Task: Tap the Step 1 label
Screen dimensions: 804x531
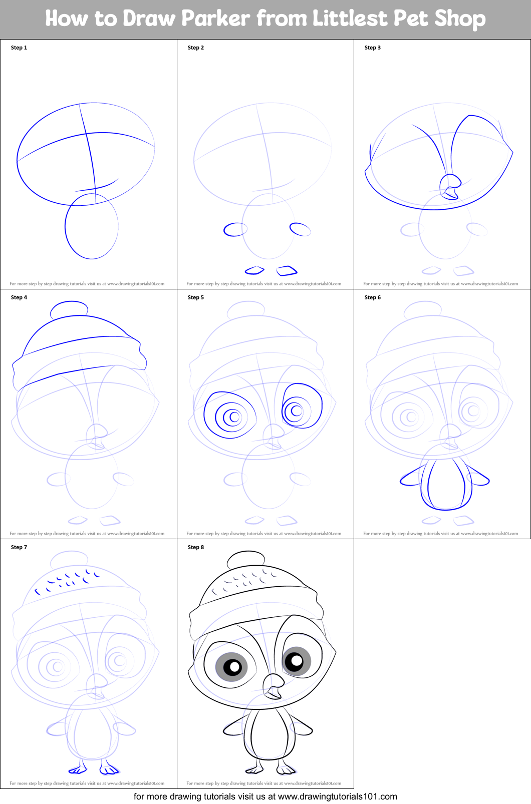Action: coord(19,48)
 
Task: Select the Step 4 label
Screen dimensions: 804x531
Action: coord(19,297)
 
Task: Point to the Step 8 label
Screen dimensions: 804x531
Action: coord(196,547)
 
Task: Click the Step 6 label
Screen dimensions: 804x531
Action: coord(373,297)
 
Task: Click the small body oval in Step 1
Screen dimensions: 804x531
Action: coord(92,226)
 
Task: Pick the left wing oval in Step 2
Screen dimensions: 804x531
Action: coord(235,230)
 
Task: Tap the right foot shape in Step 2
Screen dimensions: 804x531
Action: coord(287,271)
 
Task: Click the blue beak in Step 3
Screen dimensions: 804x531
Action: coord(450,187)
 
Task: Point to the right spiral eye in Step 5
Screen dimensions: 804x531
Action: coord(301,406)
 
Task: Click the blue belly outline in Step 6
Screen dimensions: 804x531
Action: coord(446,484)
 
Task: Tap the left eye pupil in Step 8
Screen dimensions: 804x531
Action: coord(232,666)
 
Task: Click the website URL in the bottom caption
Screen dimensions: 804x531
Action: coord(337,796)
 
